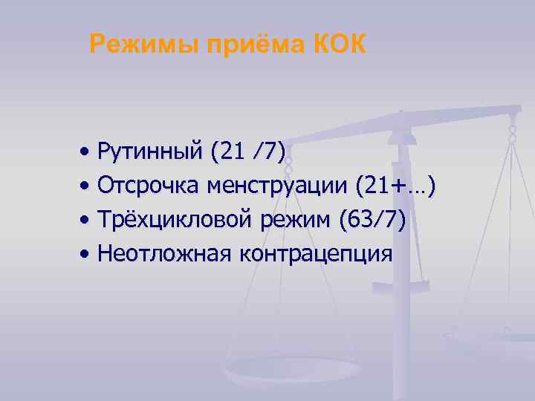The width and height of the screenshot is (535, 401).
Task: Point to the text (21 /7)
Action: click(x=248, y=152)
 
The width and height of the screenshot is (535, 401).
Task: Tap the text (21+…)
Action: click(x=396, y=186)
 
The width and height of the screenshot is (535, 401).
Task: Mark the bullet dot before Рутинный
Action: click(x=88, y=153)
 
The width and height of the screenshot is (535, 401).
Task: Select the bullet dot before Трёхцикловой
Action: click(x=88, y=221)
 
